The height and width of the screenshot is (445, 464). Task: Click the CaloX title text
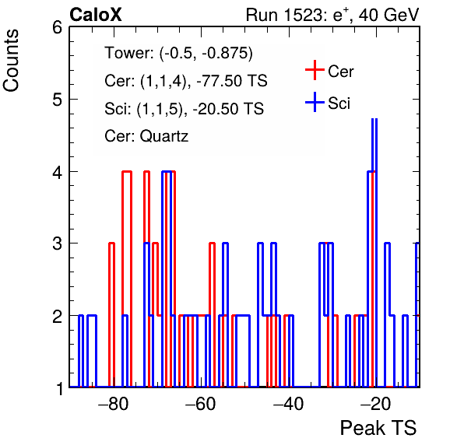point(96,15)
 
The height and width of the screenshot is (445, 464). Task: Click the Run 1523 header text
point(332,15)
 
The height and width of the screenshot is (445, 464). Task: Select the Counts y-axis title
point(11,61)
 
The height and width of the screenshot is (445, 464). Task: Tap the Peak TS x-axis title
point(378,428)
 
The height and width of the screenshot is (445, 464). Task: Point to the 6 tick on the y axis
point(57,28)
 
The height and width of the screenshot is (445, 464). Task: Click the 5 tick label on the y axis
point(57,100)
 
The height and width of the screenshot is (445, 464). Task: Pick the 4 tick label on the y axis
point(57,172)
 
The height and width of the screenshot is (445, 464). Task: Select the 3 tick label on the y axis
point(57,244)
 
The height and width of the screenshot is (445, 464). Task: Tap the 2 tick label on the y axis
point(57,316)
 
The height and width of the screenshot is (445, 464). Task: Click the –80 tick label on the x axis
point(114,404)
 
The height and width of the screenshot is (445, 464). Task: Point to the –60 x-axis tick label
point(201,404)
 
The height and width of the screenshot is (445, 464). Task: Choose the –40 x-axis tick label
point(288,404)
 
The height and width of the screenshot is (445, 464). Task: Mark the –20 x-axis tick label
point(375,404)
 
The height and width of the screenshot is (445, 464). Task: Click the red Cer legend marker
point(315,70)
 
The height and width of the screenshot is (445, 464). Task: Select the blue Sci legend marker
point(315,102)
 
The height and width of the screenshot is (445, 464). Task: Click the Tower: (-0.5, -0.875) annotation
point(179,53)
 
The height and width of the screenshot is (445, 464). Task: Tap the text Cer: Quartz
point(146,136)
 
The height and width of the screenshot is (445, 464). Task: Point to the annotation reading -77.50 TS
point(232,80)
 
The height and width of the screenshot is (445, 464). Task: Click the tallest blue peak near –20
point(374,120)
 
